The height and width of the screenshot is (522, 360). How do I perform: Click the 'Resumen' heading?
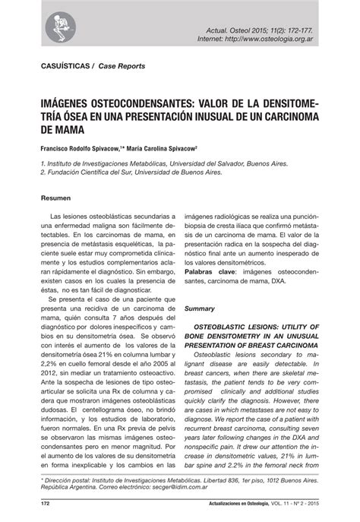54,199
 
